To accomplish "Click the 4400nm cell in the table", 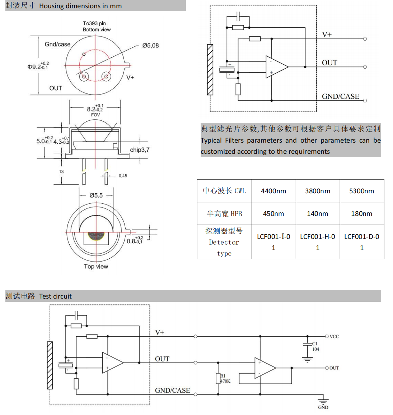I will coord(273,191).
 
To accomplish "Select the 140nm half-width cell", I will coord(317,214).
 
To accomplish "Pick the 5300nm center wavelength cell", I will coord(361,191).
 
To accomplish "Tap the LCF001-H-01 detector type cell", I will coord(317,242).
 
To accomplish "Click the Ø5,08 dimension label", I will coord(150,46).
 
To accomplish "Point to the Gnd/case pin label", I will coord(57,44).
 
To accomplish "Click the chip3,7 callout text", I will coord(140,150).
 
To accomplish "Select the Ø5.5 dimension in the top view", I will coord(96,195).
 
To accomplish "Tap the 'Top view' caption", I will coord(96,267).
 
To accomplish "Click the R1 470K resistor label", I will coord(225,379).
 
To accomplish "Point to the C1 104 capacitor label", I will coord(315,346).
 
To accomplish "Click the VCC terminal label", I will coord(334,337).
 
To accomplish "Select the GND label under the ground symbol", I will coord(323,407).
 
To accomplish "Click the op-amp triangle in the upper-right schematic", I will coord(276,67).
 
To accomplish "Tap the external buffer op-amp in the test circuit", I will coord(265,368).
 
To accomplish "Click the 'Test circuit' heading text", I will coord(55,296).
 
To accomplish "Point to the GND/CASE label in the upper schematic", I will coord(340,96).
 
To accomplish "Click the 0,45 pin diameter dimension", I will coord(123,176).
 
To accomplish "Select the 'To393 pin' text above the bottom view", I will coord(94,23).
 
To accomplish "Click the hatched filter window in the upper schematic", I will coord(210,70).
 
